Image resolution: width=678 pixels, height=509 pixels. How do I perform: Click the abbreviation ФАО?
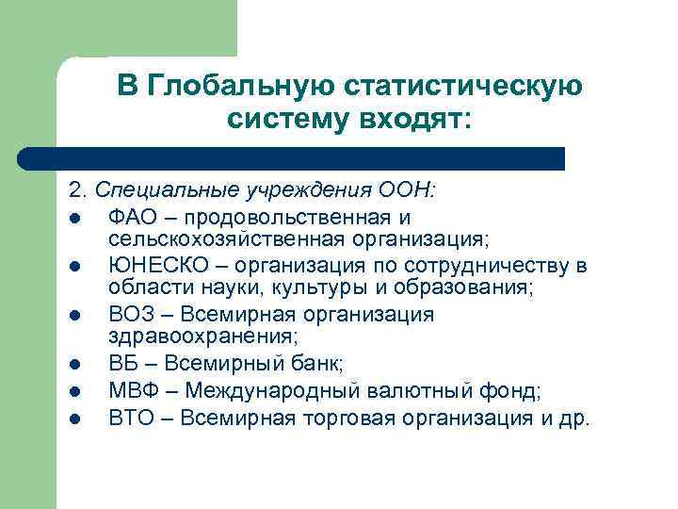(x=131, y=219)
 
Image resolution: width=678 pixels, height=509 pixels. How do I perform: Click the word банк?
(x=318, y=363)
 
